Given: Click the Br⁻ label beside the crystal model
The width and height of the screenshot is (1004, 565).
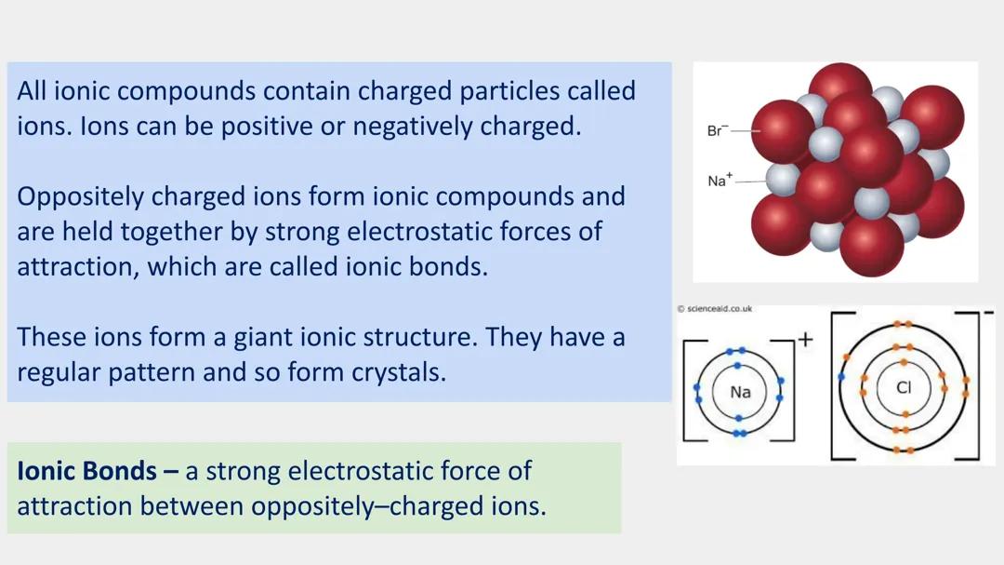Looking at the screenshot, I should point(716,131).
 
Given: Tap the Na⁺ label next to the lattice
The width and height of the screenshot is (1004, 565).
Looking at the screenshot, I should point(720,181).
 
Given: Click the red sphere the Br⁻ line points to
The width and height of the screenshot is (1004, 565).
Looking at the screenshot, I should point(781,130).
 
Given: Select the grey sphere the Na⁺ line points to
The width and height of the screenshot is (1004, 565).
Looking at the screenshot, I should point(784,178).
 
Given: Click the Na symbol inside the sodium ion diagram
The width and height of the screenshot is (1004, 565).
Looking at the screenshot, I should point(740,392).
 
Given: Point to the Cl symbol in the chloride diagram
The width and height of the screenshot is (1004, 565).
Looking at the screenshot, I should point(904,387).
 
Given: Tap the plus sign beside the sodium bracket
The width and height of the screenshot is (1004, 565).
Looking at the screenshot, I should point(805,340).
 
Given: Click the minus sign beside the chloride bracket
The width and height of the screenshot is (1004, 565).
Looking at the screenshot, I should point(987,312).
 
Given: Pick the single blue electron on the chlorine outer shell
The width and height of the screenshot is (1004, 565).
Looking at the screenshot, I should point(842,377).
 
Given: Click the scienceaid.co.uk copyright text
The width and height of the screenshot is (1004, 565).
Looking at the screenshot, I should point(715,308).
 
